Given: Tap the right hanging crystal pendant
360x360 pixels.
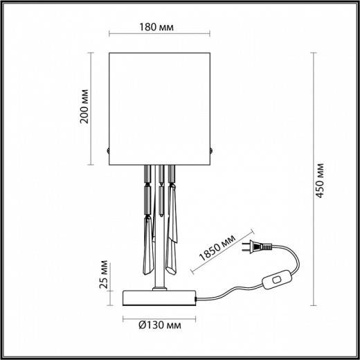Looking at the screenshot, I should [x=173, y=222].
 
